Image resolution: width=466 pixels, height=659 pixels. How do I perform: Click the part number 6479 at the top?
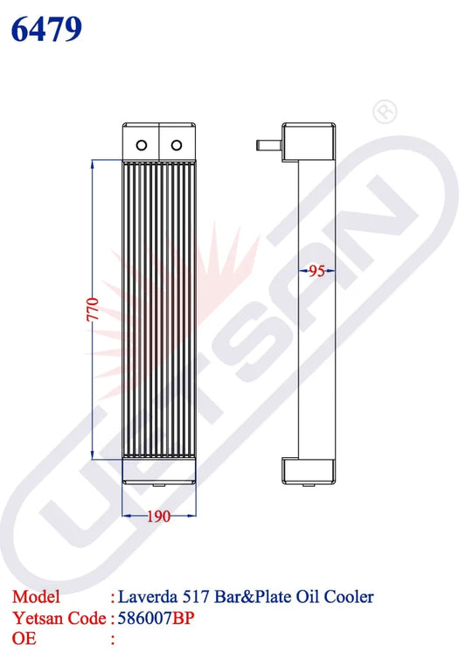47,29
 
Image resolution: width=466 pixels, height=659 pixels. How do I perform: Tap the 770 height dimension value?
93,309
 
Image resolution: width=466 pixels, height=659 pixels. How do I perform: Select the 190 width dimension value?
157,517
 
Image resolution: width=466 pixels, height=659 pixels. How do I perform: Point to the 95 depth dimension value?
317,271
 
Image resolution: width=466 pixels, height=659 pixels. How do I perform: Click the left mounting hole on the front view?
140,143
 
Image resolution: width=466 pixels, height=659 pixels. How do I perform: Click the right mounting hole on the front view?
177,143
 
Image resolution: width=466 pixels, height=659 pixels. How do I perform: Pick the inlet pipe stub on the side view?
268,142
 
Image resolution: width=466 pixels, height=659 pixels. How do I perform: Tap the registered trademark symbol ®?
382,112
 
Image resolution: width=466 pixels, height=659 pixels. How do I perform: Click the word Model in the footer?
36,597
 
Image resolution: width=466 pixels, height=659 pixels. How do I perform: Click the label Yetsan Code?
58,618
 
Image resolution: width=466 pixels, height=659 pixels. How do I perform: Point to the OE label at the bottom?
24,639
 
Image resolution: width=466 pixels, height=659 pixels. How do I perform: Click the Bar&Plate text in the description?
254,597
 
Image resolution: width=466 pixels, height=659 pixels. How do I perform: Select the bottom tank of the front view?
158,471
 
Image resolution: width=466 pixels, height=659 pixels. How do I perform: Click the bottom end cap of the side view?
309,469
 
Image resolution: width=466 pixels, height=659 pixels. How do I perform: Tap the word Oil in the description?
307,597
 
